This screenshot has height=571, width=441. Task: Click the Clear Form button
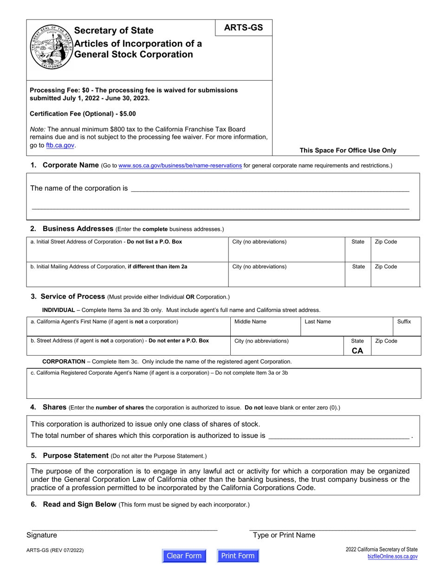click(184, 556)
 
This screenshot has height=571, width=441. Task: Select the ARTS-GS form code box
click(243, 28)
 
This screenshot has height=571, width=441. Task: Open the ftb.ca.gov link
click(60, 145)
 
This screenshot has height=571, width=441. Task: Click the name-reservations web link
click(180, 165)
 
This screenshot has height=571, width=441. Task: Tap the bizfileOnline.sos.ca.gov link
click(392, 556)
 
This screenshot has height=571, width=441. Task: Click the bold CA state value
click(357, 350)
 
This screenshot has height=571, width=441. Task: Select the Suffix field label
click(404, 321)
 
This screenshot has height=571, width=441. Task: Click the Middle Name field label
click(250, 321)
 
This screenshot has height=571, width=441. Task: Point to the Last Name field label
click(318, 321)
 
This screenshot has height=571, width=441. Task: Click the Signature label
click(42, 535)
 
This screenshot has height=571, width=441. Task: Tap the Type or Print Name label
click(284, 535)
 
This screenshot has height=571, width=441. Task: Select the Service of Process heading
click(72, 296)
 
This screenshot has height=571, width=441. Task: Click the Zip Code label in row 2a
click(386, 242)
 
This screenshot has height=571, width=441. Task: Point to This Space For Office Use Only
click(348, 150)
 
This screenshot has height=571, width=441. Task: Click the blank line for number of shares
click(339, 436)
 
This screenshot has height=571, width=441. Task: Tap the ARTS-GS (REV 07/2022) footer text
click(55, 551)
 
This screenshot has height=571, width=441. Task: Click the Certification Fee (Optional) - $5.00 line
click(83, 114)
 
